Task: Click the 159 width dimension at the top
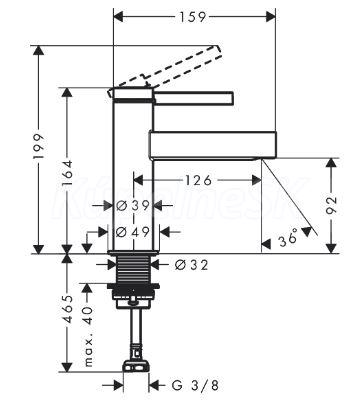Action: pos(193,17)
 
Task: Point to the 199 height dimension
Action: pos(39,146)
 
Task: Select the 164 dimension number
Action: pos(67,173)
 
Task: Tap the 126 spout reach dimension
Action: pos(198,180)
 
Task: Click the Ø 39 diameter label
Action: pos(133,206)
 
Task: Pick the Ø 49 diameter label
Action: pos(133,231)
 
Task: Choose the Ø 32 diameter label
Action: pos(192,265)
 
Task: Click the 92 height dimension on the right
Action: pos(331,205)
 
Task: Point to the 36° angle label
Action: pos(288,238)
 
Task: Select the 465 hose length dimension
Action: pos(68,308)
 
